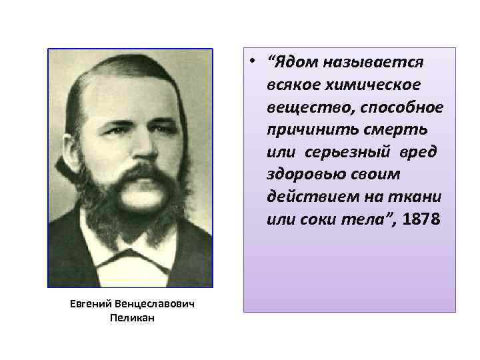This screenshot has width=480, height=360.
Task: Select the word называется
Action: (x=373, y=63)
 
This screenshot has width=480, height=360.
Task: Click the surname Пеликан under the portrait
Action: (x=131, y=318)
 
